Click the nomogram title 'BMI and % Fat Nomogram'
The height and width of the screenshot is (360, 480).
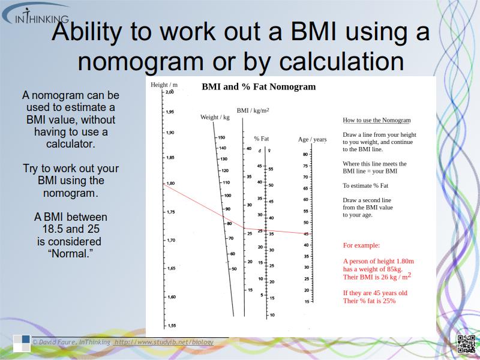(x=258, y=87)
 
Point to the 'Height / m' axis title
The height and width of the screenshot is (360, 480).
(x=164, y=85)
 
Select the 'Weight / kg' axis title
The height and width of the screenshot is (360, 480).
(x=215, y=117)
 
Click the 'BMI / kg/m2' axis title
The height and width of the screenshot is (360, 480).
(x=253, y=110)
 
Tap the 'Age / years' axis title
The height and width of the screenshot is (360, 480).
(x=313, y=140)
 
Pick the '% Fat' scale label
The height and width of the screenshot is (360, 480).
(x=261, y=139)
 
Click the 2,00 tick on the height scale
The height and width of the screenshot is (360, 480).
(x=169, y=92)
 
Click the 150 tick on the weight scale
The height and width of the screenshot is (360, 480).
(x=221, y=137)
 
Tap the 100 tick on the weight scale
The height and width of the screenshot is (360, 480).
(x=227, y=196)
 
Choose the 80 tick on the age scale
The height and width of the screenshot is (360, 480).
(x=305, y=154)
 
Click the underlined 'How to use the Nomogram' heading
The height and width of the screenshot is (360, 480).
(x=376, y=120)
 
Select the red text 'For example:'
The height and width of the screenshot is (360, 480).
(x=361, y=245)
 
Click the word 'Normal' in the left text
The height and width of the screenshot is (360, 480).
(x=71, y=253)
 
